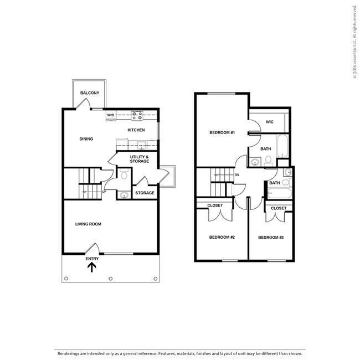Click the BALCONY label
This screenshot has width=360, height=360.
pyautogui.click(x=89, y=92)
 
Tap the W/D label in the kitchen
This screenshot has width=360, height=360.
pyautogui.click(x=110, y=115)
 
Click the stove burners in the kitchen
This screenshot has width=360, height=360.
pyautogui.click(x=137, y=116)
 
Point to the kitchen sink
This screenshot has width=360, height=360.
pyautogui.click(x=141, y=146)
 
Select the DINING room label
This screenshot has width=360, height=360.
pyautogui.click(x=86, y=139)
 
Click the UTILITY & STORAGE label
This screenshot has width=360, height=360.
pyautogui.click(x=139, y=159)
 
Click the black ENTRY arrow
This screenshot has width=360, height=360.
pyautogui.click(x=92, y=268)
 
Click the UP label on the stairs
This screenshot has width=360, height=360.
pyautogui.click(x=104, y=192)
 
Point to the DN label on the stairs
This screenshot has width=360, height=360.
pyautogui.click(x=236, y=175)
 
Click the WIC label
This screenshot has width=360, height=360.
pyautogui.click(x=269, y=122)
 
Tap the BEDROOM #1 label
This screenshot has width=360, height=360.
pyautogui.click(x=222, y=133)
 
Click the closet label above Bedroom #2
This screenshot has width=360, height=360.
pyautogui.click(x=215, y=205)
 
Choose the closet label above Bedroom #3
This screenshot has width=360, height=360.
pyautogui.click(x=279, y=208)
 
